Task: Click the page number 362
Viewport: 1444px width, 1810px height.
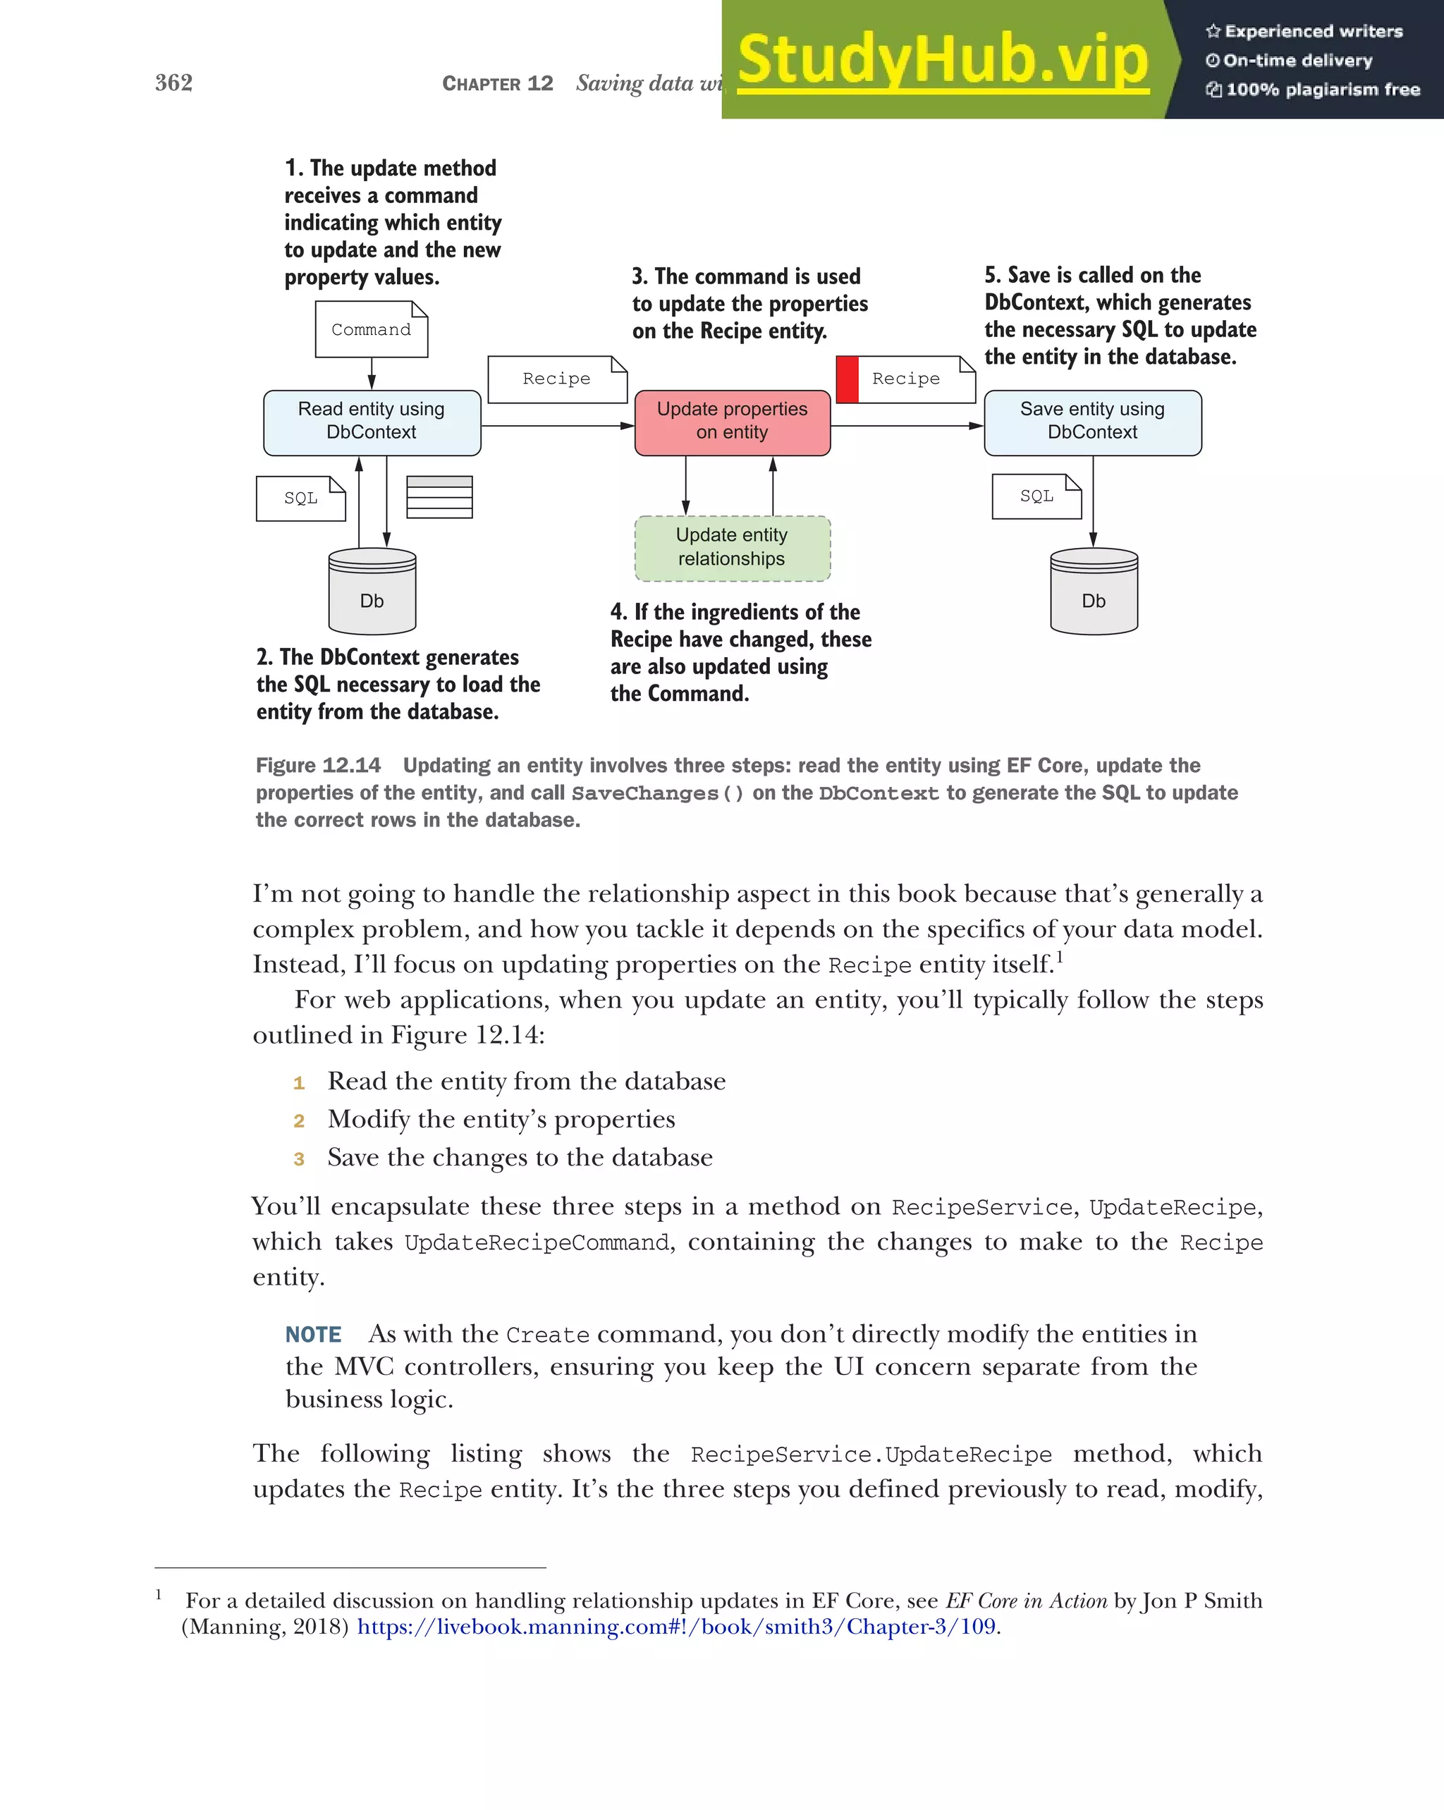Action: pos(173,82)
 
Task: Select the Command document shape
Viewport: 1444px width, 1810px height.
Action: pos(371,329)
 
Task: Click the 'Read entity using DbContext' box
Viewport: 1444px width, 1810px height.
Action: pos(372,422)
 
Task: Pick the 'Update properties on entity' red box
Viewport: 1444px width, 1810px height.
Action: pos(732,422)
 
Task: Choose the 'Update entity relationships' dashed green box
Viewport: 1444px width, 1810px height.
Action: pos(732,547)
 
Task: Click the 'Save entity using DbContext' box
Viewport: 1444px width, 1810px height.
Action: pos(1092,422)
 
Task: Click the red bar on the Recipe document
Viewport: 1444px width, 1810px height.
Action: pos(847,379)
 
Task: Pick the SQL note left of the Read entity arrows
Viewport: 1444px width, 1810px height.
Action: pos(300,498)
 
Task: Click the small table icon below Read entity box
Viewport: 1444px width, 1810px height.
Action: pos(439,497)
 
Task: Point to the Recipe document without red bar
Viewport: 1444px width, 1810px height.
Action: pos(556,379)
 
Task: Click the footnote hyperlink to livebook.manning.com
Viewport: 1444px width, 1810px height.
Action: pos(677,1626)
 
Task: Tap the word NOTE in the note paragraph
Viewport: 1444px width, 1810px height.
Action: pos(313,1334)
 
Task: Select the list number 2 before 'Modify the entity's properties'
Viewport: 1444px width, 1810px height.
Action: pos(299,1120)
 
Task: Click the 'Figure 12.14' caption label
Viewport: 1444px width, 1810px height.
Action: pos(318,765)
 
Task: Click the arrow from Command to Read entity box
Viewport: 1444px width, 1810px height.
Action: pos(372,374)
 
